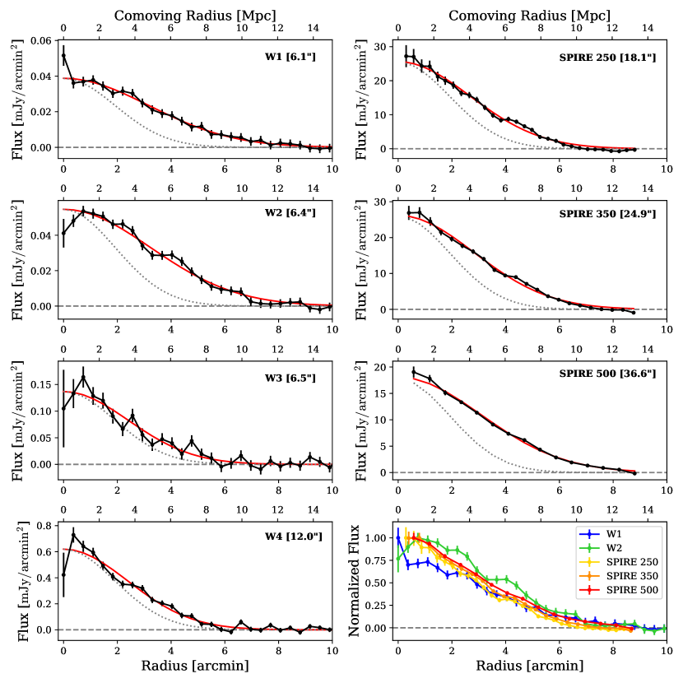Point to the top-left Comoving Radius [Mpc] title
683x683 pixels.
tap(196, 15)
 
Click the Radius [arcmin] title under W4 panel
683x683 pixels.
tap(196, 665)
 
